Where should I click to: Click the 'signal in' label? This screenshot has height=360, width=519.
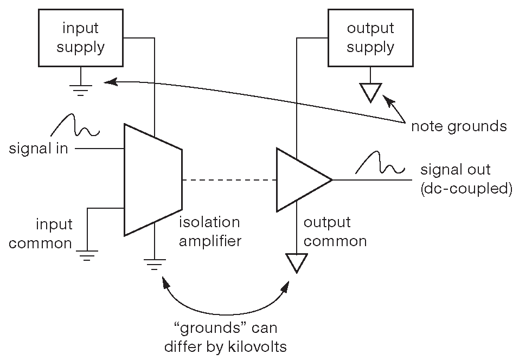pyautogui.click(x=39, y=148)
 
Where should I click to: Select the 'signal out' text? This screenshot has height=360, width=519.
pyautogui.click(x=455, y=170)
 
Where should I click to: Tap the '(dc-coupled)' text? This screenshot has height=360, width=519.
pyautogui.click(x=466, y=189)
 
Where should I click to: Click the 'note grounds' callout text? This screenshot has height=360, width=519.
pyautogui.click(x=459, y=126)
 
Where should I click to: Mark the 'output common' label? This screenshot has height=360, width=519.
pyautogui.click(x=335, y=232)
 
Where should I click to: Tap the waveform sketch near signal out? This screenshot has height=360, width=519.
pyautogui.click(x=380, y=164)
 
